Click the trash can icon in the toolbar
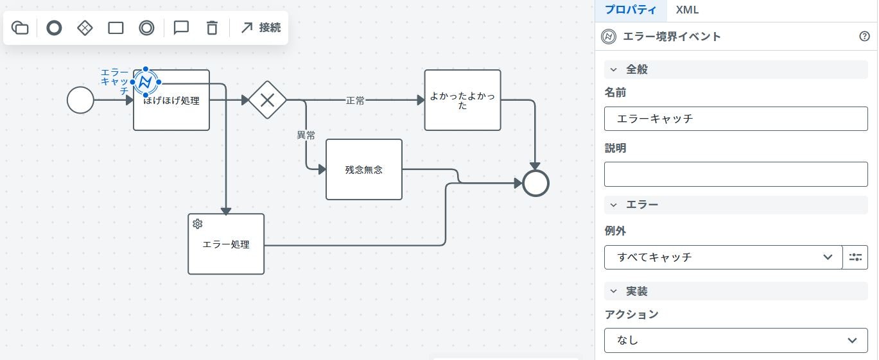pos(212,28)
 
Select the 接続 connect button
pos(261,28)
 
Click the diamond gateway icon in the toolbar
pos(85,28)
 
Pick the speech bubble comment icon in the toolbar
pos(181,28)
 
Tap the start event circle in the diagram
pos(80,100)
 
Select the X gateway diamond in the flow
pos(267,100)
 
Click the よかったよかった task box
pos(462,100)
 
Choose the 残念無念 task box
pos(364,169)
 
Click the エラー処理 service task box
pos(226,244)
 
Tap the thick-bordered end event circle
pos(535,184)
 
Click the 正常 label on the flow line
pos(355,101)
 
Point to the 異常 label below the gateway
pos(306,135)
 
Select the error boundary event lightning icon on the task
pos(146,82)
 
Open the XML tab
pos(687,10)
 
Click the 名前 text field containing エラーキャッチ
pos(736,119)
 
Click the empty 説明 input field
pos(736,174)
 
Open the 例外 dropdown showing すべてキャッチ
pos(723,257)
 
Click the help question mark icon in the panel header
pos(864,37)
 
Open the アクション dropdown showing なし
pos(736,340)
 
